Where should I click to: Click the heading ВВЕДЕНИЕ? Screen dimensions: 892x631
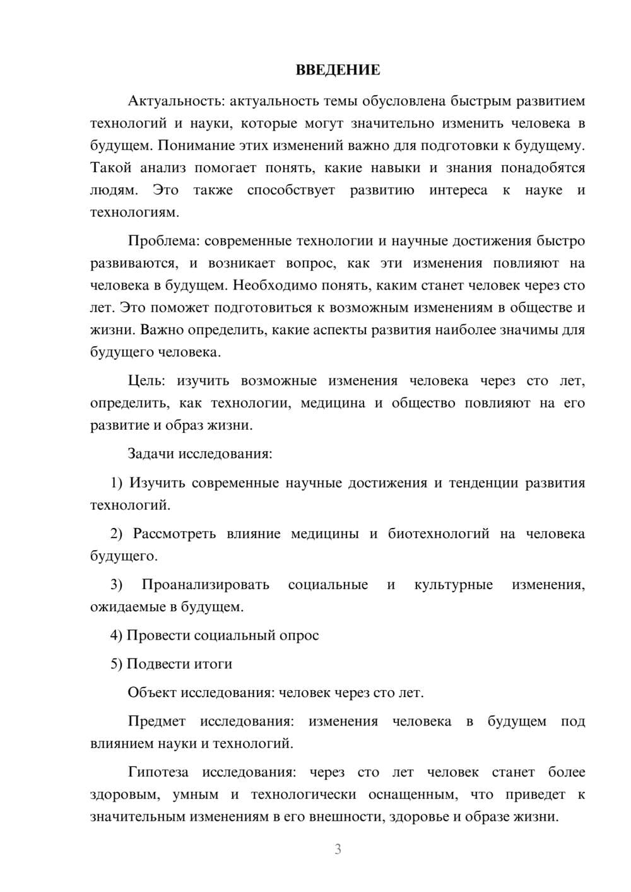point(338,70)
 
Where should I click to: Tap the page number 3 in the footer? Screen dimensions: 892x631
point(338,849)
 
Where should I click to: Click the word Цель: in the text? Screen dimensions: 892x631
point(146,380)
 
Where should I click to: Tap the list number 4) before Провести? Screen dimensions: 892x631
point(116,635)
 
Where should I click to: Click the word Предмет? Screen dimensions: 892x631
point(156,721)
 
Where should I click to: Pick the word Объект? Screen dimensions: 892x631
point(152,693)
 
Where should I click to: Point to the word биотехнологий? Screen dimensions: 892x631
point(439,534)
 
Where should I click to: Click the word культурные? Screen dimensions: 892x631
point(453,585)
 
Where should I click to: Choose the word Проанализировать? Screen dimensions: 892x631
point(206,585)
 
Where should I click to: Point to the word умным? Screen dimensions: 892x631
point(196,795)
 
